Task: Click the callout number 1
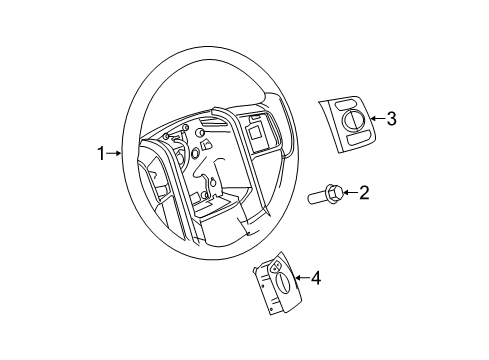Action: (100, 153)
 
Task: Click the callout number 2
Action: (364, 193)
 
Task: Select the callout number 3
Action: (391, 119)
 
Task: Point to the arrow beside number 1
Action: (115, 153)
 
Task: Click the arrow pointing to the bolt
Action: (348, 192)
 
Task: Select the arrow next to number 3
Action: (375, 119)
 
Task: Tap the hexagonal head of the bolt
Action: (334, 191)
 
